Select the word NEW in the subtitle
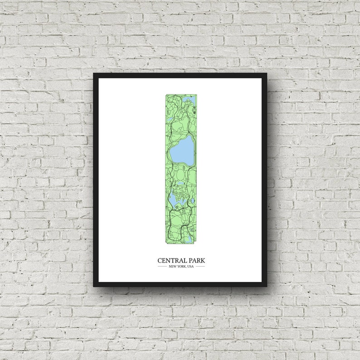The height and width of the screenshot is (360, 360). coord(172,266)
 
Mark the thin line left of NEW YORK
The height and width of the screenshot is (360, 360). coord(162,266)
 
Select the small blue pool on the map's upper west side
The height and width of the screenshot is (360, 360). coord(170,119)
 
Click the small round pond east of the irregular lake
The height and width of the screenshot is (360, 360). coord(193,200)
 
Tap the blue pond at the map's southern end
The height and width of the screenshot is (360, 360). coord(188,240)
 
